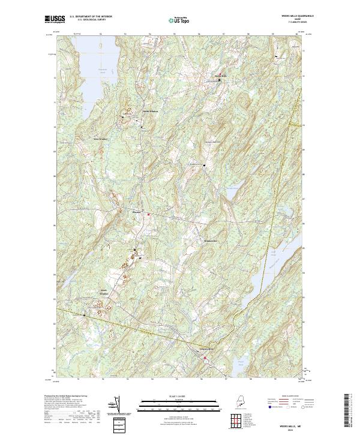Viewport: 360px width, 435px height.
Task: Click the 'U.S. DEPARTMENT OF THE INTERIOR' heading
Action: coord(91,17)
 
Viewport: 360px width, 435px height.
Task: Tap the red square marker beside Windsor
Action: coord(149,214)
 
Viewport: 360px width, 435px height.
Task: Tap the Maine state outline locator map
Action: coord(239,401)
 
